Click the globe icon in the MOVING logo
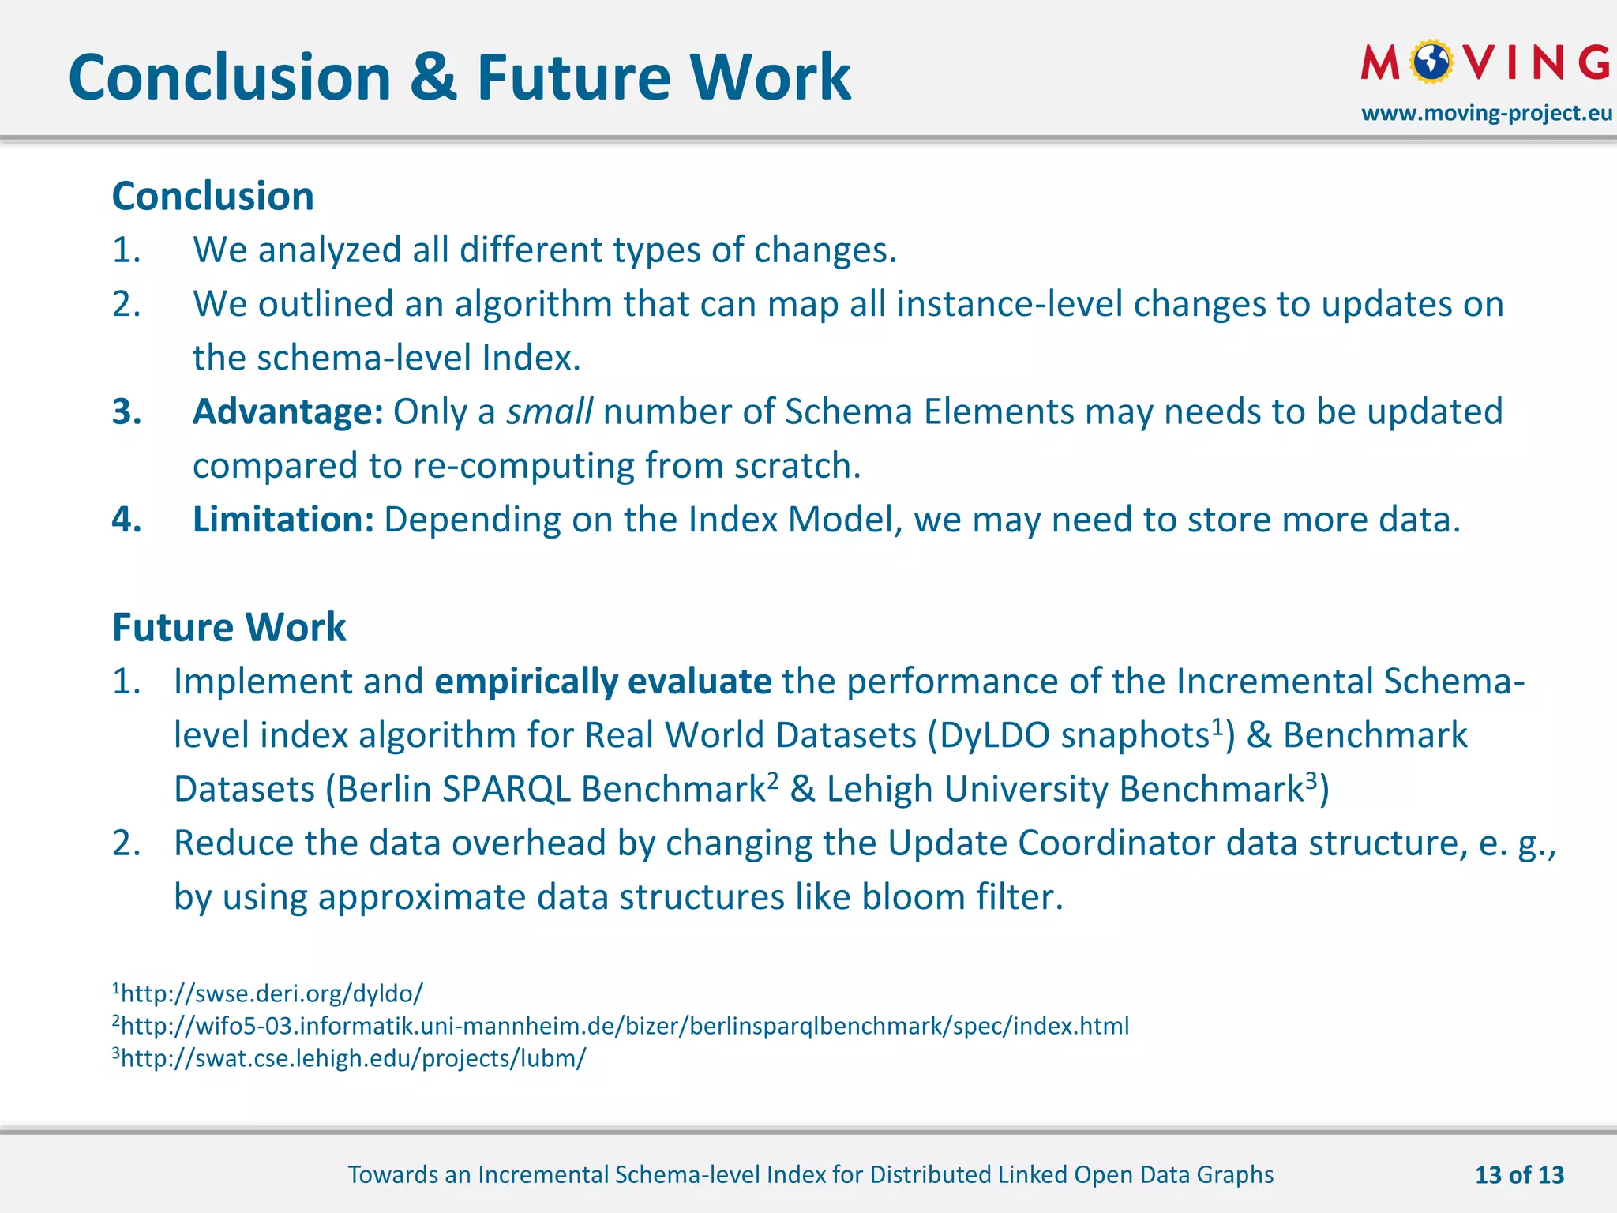click(1432, 62)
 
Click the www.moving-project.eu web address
click(1487, 113)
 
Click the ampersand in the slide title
click(434, 78)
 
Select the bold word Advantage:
click(287, 411)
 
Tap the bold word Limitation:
click(283, 520)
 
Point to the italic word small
click(549, 411)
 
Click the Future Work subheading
click(229, 628)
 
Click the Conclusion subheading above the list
click(213, 196)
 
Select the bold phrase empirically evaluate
click(602, 682)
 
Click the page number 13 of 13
click(1519, 1175)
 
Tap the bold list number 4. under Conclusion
click(126, 520)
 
